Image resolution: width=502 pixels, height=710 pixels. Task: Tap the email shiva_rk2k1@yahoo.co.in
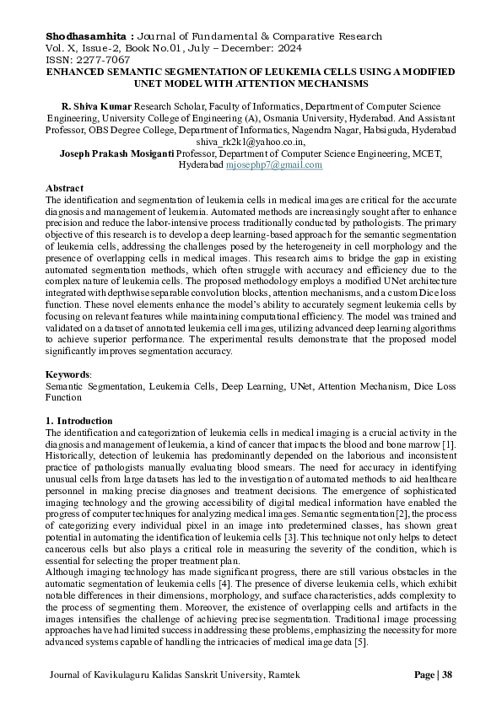[x=251, y=143]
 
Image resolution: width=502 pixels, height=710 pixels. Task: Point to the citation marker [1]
[x=449, y=444]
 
